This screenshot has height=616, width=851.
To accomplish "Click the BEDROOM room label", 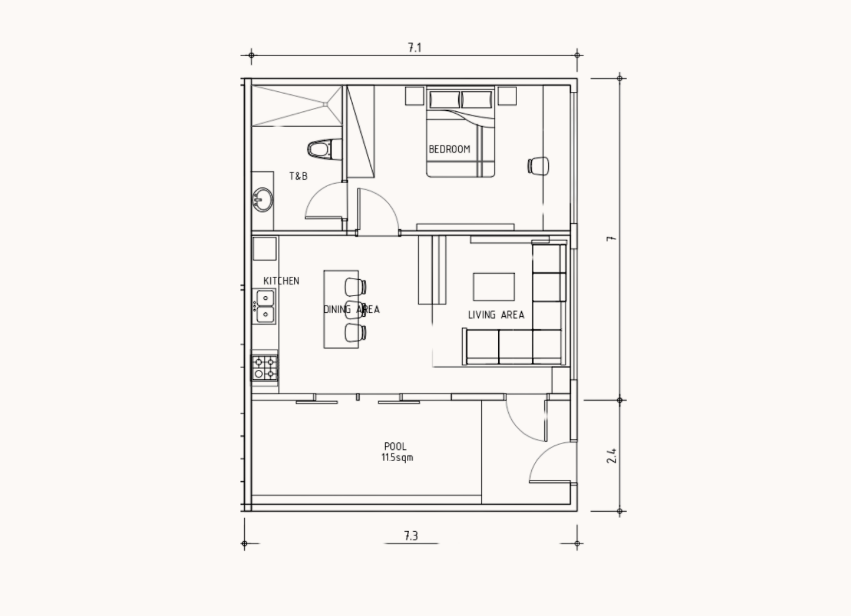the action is pyautogui.click(x=450, y=149).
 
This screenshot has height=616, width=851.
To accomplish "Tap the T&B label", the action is pyautogui.click(x=298, y=176).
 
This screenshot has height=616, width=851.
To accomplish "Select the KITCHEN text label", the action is pyautogui.click(x=281, y=281).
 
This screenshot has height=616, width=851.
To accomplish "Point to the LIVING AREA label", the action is pyautogui.click(x=496, y=314).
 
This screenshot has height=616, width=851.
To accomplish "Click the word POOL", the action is pyautogui.click(x=395, y=446).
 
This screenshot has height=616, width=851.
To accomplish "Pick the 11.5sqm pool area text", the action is pyautogui.click(x=397, y=457).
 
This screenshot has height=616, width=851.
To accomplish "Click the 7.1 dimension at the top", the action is pyautogui.click(x=415, y=47).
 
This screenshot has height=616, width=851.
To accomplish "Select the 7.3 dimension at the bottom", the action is pyautogui.click(x=411, y=536).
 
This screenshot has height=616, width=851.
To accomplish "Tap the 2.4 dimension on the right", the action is pyautogui.click(x=611, y=455).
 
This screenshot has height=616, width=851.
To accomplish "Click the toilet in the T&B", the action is pyautogui.click(x=324, y=149).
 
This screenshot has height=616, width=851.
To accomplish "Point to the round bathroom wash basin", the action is pyautogui.click(x=262, y=200).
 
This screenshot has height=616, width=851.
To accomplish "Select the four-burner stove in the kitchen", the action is pyautogui.click(x=265, y=368).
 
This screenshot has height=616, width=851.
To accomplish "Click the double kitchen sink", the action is pyautogui.click(x=265, y=306).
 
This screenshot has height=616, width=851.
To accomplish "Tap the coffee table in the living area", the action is pyautogui.click(x=494, y=287).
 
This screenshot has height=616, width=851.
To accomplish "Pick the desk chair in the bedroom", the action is pyautogui.click(x=538, y=166).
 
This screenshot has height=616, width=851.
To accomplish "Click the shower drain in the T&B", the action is pyautogui.click(x=325, y=104).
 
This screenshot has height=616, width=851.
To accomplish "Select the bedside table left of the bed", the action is pyautogui.click(x=415, y=96).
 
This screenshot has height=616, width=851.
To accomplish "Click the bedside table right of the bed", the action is pyautogui.click(x=507, y=96).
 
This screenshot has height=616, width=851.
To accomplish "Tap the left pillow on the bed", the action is pyautogui.click(x=445, y=99).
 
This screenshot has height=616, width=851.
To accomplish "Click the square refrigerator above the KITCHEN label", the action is pyautogui.click(x=265, y=249).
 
